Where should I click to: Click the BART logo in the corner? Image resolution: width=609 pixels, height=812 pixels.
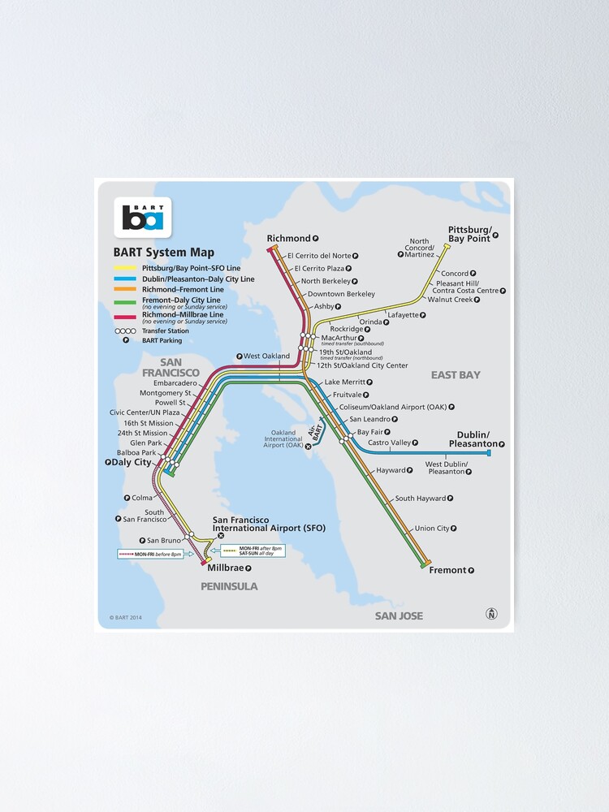[x=143, y=217]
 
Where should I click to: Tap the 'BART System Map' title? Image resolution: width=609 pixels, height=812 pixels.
[x=163, y=253]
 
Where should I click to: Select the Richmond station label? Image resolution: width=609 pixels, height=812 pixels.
[x=288, y=238]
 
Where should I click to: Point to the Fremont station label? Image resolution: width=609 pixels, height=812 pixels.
[x=447, y=570]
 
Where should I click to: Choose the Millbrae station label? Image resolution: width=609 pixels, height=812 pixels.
[x=224, y=568]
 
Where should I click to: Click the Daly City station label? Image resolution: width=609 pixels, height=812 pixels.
[x=132, y=462]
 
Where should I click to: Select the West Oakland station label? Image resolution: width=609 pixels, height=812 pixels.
[x=266, y=356]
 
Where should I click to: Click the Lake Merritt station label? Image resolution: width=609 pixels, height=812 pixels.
[x=344, y=382]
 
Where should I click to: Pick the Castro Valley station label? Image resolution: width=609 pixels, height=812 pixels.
[x=389, y=443]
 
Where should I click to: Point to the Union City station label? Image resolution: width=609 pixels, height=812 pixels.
[x=432, y=529]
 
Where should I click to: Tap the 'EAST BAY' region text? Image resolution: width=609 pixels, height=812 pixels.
[x=456, y=375]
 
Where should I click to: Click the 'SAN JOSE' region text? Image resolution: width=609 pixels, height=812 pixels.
[x=399, y=616]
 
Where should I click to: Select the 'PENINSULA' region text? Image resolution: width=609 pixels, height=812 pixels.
[x=231, y=586]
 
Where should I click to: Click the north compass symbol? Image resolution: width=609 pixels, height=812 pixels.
[x=491, y=614]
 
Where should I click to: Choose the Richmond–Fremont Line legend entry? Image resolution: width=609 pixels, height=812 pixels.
[x=183, y=289]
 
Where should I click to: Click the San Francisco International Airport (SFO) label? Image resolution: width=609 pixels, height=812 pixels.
[x=268, y=524]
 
